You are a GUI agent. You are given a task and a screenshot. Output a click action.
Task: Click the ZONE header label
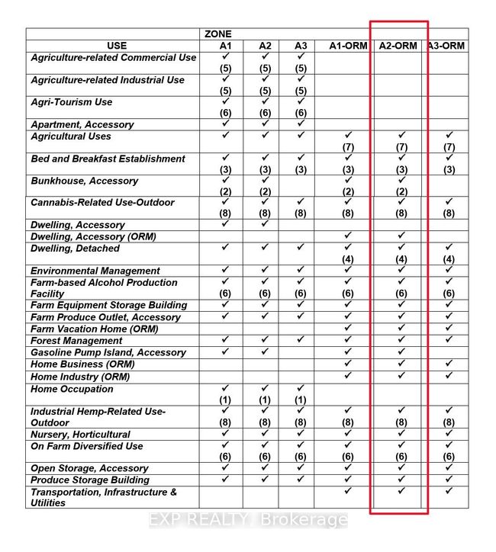[x=217, y=34]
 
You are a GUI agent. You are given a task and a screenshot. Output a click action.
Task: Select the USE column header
[x=117, y=46]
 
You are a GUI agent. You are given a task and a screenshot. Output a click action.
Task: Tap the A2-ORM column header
[x=398, y=46]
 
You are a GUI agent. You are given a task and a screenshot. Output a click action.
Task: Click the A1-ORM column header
[x=348, y=46]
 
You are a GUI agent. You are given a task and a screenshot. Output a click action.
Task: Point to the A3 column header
[x=301, y=46]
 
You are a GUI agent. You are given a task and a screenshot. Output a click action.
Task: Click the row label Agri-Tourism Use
[x=72, y=102]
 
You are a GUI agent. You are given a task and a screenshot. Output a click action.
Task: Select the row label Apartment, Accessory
[x=82, y=124]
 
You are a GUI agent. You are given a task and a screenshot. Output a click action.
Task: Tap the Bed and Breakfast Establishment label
[x=108, y=159]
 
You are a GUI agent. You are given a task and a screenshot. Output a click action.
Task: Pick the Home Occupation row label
[x=72, y=389]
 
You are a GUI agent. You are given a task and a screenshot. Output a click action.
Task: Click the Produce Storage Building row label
[x=90, y=480]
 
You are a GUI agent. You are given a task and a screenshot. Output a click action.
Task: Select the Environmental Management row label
[x=95, y=271]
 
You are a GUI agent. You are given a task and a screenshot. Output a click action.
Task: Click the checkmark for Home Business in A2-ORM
[x=401, y=364]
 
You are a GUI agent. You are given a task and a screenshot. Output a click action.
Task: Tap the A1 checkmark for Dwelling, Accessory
[x=225, y=224]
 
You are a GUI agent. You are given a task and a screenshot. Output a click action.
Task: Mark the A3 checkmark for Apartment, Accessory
[x=301, y=124]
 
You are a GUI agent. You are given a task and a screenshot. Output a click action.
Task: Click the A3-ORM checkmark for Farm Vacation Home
[x=449, y=329]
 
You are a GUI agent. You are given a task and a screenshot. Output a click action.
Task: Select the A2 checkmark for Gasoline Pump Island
[x=265, y=351]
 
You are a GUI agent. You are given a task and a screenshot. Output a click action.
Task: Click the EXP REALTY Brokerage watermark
[x=248, y=521]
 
